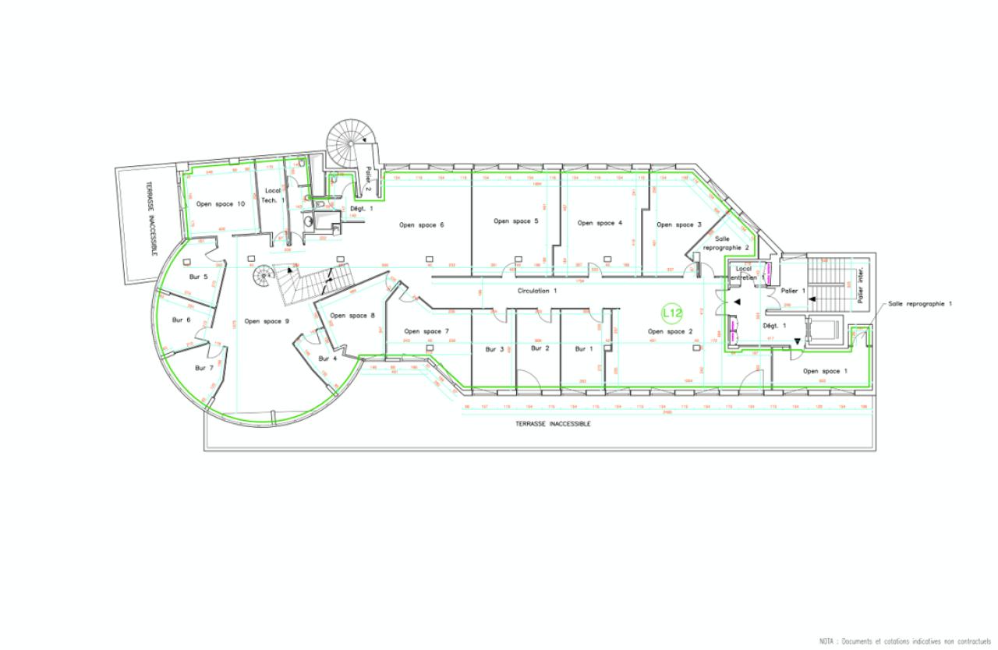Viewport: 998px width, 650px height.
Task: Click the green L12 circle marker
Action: (x=671, y=313)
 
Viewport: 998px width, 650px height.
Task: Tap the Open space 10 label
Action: (x=221, y=204)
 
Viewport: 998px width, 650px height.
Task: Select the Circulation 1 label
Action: (x=537, y=291)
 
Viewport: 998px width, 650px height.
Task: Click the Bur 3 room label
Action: (x=495, y=349)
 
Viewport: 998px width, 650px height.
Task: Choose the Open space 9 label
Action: (x=267, y=321)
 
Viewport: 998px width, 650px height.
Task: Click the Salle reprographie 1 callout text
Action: (x=920, y=303)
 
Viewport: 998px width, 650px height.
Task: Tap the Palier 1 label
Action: (x=792, y=291)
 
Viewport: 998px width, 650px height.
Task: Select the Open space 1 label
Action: (x=825, y=371)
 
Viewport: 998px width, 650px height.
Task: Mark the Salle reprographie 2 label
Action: (x=726, y=243)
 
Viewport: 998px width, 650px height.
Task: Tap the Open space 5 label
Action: (x=515, y=221)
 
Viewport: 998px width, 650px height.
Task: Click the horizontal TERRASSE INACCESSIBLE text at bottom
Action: (x=553, y=424)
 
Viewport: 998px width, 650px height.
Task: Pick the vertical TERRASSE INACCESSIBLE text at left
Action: (x=150, y=219)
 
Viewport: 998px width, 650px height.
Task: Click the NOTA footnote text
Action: (x=904, y=641)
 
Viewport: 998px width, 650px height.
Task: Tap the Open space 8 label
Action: (x=352, y=316)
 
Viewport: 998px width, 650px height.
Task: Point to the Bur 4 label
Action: (x=327, y=359)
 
